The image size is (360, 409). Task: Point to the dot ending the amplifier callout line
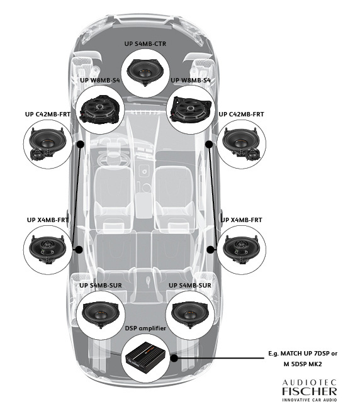(x=173, y=358)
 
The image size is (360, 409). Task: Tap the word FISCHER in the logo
(x=309, y=391)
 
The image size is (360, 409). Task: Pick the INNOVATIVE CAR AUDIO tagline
(x=309, y=400)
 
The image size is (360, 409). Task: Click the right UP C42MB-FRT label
(x=240, y=115)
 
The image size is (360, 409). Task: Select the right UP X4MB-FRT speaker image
(x=244, y=249)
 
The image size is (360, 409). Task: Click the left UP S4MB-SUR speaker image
(x=100, y=313)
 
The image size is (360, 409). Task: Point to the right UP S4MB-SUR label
(x=190, y=285)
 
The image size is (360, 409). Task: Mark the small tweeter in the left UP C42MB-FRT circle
(x=37, y=155)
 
